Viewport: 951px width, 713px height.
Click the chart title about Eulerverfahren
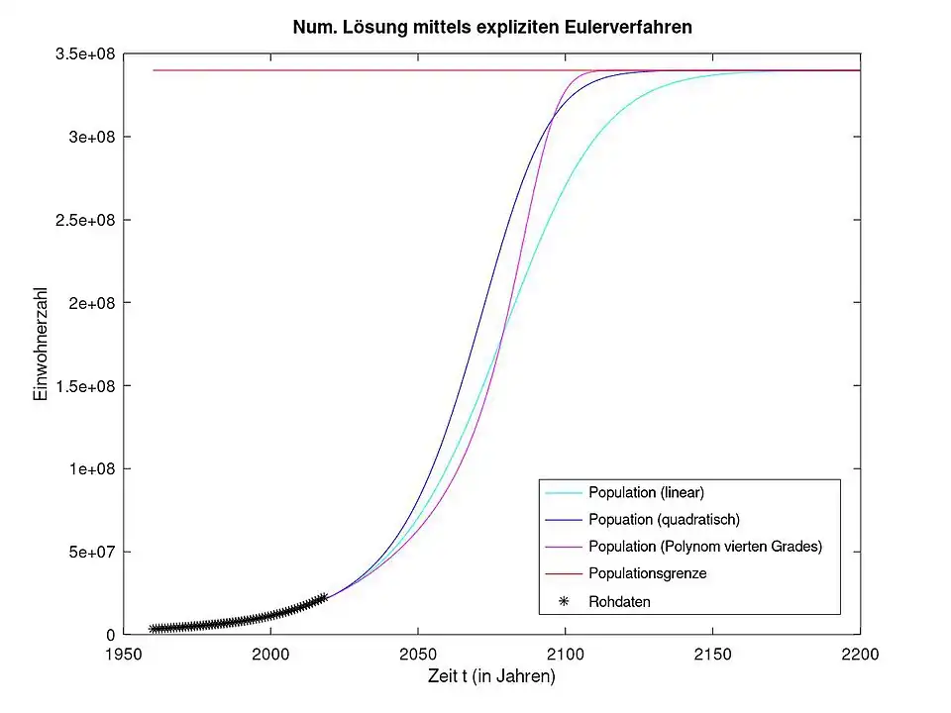[x=492, y=28]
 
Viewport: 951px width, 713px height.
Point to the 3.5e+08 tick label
[x=82, y=53]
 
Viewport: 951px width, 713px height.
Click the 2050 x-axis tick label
[x=418, y=655]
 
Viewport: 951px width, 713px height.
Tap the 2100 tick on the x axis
[x=565, y=655]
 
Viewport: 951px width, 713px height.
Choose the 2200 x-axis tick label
[x=859, y=655]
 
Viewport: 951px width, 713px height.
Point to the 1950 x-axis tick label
[x=124, y=655]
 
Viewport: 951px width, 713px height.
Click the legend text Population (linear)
[x=646, y=492]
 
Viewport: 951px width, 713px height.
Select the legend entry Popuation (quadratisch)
[x=664, y=519]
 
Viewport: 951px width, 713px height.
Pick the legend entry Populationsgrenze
[x=647, y=573]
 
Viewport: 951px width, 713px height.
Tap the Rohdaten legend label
[x=619, y=601]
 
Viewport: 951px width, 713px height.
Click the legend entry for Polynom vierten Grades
[x=705, y=547]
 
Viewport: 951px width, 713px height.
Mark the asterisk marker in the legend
[x=564, y=601]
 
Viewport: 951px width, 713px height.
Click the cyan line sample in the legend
[x=563, y=492]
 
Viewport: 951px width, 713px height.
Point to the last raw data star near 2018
[x=323, y=597]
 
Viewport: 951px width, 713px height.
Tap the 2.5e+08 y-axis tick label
[x=82, y=219]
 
